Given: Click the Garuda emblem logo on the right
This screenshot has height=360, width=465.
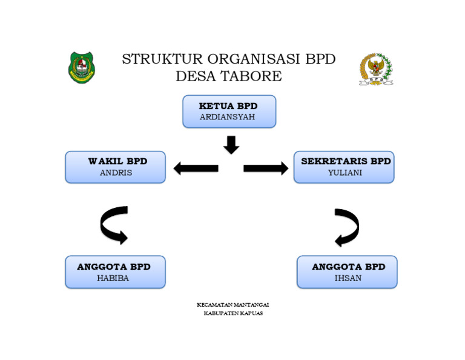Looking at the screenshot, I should pos(376,69).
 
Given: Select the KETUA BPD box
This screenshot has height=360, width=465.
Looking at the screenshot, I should pos(229,112).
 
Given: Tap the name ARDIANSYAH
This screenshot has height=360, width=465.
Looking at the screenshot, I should pos(227,117).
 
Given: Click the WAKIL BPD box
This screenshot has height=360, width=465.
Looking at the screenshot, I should pos(115,167).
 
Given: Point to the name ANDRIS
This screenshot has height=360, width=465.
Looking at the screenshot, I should pos(116,173).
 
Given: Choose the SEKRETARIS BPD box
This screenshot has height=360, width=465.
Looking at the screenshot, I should pos(344,167).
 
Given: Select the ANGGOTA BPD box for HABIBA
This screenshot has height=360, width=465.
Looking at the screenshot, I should pos(115,272).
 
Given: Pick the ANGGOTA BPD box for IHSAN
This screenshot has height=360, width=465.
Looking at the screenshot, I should pos(347,272).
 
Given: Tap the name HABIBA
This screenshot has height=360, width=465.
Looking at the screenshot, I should pos(113,278).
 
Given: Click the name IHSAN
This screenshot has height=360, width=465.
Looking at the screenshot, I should pos(348,278).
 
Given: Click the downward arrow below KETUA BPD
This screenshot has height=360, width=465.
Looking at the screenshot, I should pos(231,145).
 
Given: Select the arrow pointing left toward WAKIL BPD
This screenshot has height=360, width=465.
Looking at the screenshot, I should pos(196,168).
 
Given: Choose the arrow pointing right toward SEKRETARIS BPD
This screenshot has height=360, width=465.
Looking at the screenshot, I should pos(266,168).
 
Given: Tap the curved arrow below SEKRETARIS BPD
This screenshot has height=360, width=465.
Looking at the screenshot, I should pos(348,227).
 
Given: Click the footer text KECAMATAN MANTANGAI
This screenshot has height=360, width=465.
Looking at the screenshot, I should pos(233,304).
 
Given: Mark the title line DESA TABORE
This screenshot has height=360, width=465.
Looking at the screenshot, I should pos(228,76).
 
